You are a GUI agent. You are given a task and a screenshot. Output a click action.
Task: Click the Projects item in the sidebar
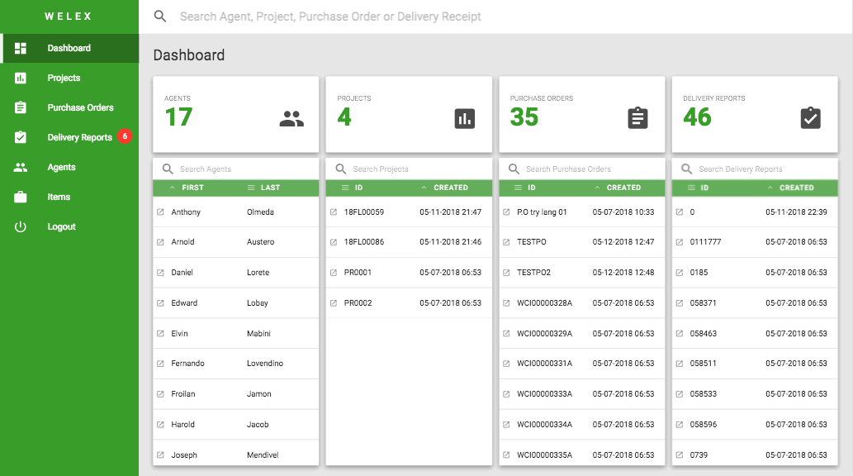tap(64, 78)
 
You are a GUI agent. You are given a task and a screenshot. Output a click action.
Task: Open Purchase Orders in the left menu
tap(81, 107)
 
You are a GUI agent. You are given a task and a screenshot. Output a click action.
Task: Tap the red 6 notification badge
tap(125, 136)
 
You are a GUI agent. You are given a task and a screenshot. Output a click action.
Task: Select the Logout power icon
tap(20, 226)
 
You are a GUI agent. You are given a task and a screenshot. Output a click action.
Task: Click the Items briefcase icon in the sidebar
tap(20, 197)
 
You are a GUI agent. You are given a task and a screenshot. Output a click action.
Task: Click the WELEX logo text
tap(68, 17)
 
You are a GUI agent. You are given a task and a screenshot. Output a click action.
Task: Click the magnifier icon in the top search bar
tap(160, 17)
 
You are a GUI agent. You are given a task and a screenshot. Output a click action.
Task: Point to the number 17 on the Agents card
tap(178, 117)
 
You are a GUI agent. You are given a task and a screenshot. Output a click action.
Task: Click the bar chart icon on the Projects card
tap(465, 119)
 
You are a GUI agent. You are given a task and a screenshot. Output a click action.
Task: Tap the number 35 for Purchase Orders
tap(524, 117)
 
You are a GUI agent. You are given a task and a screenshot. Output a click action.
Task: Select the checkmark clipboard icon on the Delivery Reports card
tap(811, 118)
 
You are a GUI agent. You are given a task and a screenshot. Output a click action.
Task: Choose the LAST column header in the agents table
tap(270, 188)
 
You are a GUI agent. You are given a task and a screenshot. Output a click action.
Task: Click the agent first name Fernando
tap(187, 364)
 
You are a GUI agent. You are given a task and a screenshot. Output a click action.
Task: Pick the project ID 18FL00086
tap(364, 242)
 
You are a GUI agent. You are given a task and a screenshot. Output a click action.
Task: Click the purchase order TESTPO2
tap(533, 273)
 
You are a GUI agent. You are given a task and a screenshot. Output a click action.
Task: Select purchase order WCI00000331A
tap(544, 364)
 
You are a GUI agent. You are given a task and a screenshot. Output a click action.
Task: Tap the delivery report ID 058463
tap(704, 333)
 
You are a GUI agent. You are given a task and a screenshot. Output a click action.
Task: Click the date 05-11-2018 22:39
tap(796, 212)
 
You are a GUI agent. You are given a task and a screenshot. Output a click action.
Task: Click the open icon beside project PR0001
tap(334, 273)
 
